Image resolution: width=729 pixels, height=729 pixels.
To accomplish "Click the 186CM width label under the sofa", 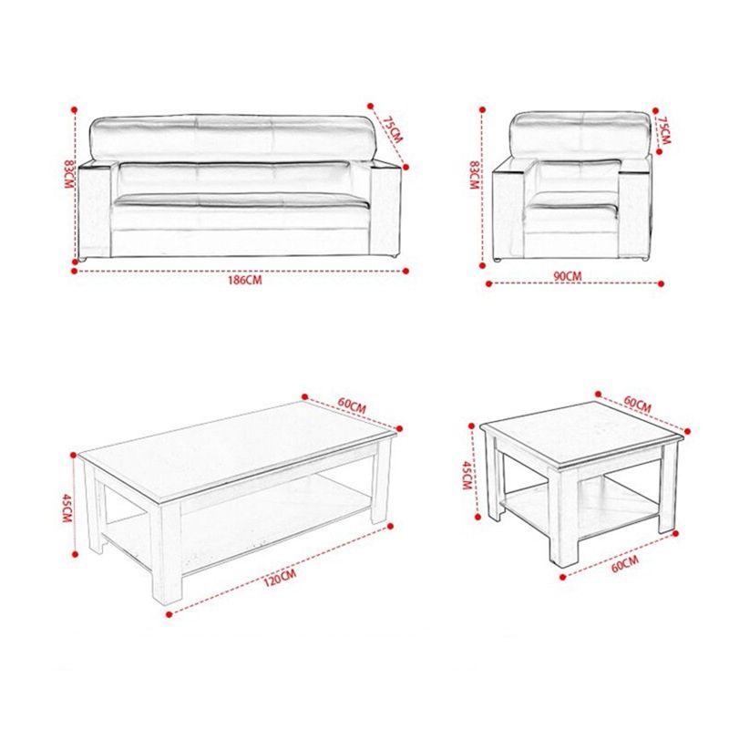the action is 244,281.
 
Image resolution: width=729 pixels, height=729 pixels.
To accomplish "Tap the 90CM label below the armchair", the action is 567,276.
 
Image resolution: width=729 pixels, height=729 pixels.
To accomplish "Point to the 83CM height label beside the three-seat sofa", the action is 69,174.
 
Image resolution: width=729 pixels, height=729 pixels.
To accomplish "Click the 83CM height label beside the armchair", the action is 474,175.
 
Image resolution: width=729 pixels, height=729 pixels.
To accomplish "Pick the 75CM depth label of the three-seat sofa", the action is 393,128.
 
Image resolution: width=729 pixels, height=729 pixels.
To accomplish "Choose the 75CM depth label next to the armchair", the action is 665,130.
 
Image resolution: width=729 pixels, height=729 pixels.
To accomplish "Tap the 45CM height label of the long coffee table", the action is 67,508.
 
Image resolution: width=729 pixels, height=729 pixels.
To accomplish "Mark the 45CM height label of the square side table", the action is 467,475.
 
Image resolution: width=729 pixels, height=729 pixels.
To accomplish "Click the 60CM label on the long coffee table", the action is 352,406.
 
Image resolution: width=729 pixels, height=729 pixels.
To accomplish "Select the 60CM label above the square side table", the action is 637,404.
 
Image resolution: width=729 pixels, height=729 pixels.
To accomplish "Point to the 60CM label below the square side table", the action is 625,564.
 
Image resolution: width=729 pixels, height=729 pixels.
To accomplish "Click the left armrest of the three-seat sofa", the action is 95,210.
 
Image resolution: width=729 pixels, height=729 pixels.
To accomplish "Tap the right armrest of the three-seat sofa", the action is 385,209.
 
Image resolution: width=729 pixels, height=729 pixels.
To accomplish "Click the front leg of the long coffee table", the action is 167,552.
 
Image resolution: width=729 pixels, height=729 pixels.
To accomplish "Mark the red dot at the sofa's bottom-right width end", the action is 406,271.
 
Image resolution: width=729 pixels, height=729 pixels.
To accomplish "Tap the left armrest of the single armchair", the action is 508,214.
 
